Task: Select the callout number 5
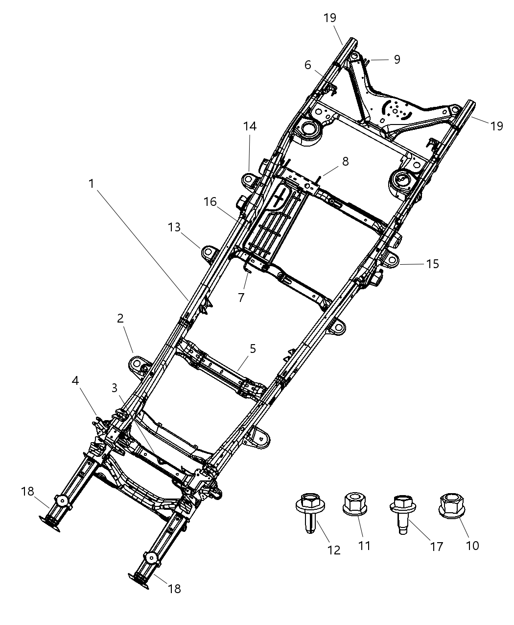click(x=253, y=349)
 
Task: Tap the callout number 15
click(x=432, y=264)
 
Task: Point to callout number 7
click(x=241, y=298)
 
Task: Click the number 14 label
click(x=250, y=126)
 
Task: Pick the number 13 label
click(x=174, y=227)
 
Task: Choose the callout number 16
click(x=210, y=202)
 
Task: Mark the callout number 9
click(x=397, y=59)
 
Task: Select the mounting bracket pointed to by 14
click(x=250, y=180)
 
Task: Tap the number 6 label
click(x=307, y=65)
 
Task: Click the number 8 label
click(x=346, y=161)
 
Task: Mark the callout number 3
click(x=114, y=388)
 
